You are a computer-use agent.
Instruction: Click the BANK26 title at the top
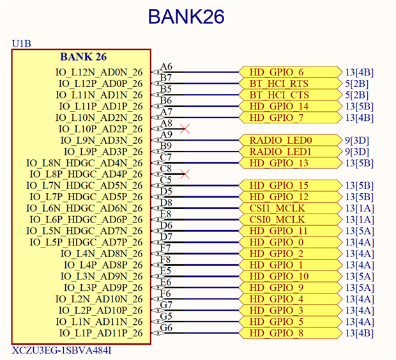pyautogui.click(x=186, y=17)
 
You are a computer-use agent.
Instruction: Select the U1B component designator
pyautogui.click(x=22, y=44)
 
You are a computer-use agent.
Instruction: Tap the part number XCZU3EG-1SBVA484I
pyautogui.click(x=63, y=350)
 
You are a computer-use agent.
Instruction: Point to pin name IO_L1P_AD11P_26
pyautogui.click(x=101, y=333)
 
